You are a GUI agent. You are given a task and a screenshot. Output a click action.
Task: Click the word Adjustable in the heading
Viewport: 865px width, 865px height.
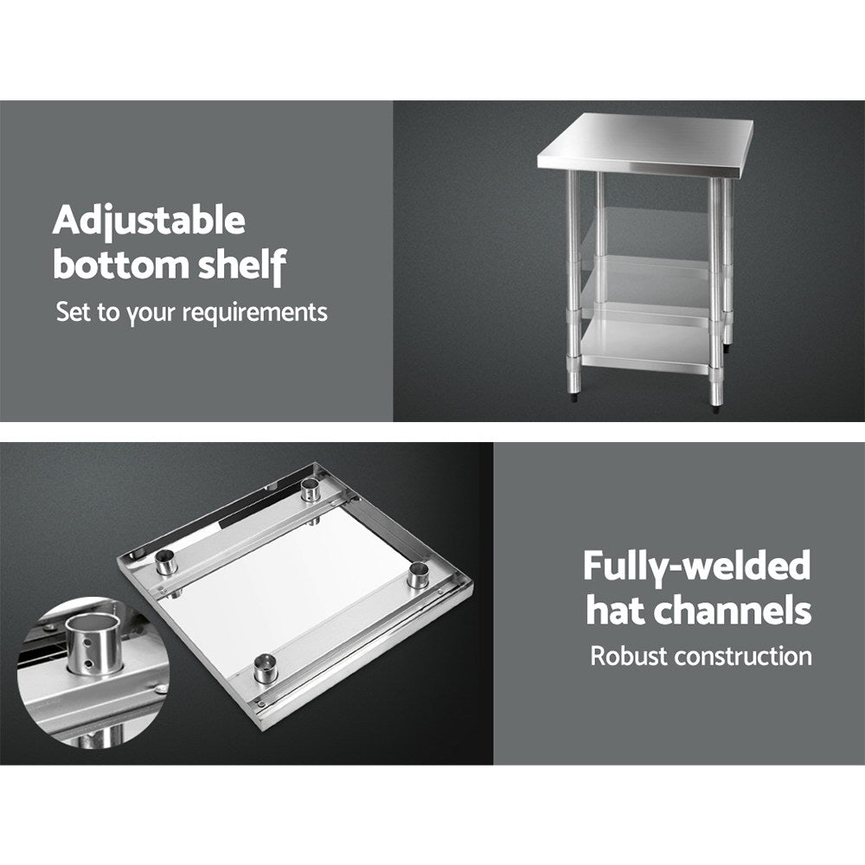point(149,222)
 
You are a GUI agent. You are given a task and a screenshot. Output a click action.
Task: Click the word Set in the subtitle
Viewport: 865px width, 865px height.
point(73,311)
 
